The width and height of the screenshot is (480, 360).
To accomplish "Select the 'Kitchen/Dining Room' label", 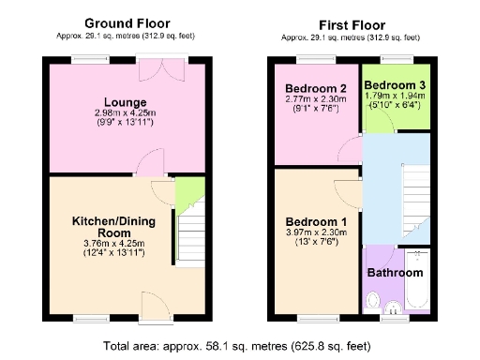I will (x=114, y=227).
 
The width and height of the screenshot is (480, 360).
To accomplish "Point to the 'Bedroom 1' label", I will (x=316, y=221).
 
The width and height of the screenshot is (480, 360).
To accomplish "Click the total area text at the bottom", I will (x=241, y=344).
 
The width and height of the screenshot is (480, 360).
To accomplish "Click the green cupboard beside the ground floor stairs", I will (x=190, y=192).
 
